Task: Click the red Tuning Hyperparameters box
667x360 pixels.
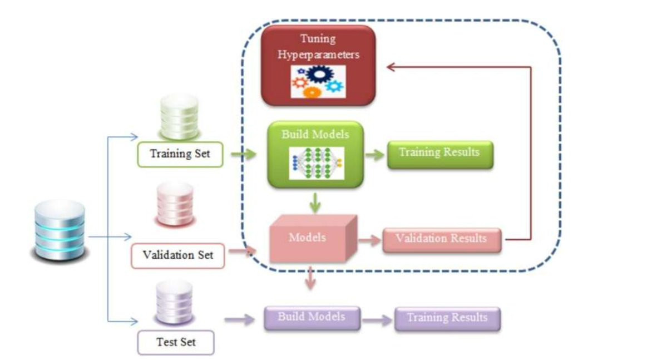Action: click(318, 65)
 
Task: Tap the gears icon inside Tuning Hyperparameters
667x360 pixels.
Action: click(318, 81)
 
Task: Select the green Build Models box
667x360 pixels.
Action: click(315, 155)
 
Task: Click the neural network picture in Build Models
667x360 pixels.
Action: click(317, 164)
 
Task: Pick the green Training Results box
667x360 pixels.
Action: click(440, 155)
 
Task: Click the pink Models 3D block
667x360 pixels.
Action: click(313, 238)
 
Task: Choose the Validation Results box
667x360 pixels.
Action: click(442, 240)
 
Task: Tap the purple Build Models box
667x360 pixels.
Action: click(312, 318)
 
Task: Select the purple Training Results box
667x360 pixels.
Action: click(447, 319)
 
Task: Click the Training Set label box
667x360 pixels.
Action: click(180, 154)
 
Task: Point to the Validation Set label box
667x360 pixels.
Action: click(178, 256)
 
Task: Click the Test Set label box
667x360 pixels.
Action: click(176, 343)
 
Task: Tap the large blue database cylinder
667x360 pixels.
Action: click(60, 230)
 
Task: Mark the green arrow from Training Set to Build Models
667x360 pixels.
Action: click(244, 154)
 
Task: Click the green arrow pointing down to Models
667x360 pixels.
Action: click(315, 203)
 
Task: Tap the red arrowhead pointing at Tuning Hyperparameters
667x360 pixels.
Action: click(391, 67)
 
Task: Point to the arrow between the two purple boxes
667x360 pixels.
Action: click(378, 320)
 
